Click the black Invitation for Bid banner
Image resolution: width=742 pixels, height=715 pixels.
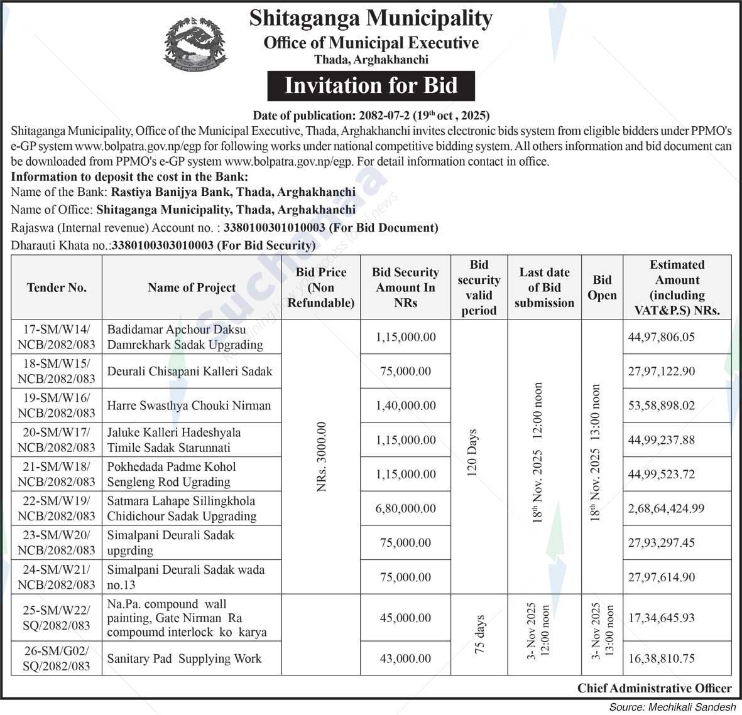(x=371, y=86)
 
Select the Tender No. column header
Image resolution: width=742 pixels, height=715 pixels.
(x=57, y=288)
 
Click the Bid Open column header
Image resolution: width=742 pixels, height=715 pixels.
(x=602, y=288)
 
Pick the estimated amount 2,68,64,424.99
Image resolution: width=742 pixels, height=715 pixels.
(x=666, y=508)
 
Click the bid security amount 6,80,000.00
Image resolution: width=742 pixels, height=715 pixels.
(x=405, y=508)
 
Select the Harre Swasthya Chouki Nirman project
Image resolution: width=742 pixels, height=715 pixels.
(x=189, y=406)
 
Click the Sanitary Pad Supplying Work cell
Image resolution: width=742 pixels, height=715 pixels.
(x=184, y=659)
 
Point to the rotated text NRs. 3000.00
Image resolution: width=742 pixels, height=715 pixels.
(x=322, y=456)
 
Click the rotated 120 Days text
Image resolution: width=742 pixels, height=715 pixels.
(x=473, y=453)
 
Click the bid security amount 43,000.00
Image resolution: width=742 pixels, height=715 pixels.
(x=405, y=659)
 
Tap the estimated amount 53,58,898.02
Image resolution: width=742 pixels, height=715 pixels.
(x=662, y=406)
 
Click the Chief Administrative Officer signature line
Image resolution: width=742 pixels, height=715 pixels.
(x=654, y=689)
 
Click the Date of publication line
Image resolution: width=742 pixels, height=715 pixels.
(x=371, y=116)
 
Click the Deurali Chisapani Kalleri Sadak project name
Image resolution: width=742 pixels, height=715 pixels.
(x=190, y=371)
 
